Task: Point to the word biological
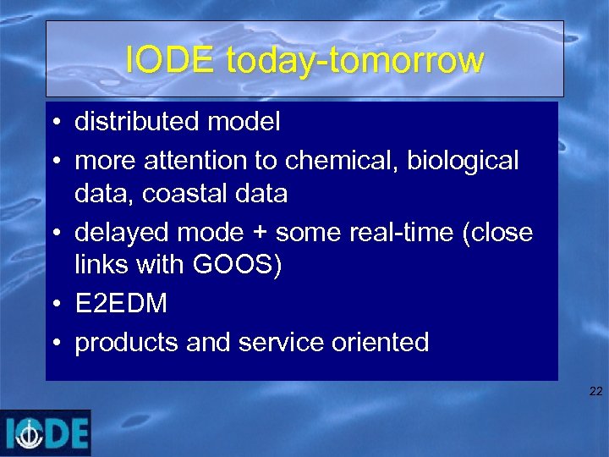pos(463,159)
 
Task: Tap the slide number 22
pos(595,391)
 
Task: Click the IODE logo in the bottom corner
pos(46,432)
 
